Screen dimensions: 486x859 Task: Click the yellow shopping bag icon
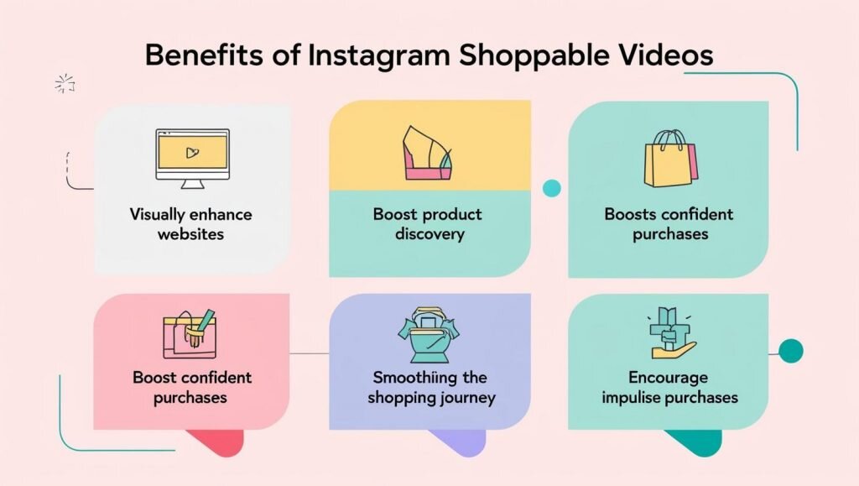[669, 159]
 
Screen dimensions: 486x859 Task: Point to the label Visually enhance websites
[191, 223]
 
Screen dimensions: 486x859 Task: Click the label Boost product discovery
[429, 223]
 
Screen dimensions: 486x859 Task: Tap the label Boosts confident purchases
[669, 223]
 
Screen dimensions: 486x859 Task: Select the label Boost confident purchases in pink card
[191, 387]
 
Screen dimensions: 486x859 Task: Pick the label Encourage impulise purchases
[669, 387]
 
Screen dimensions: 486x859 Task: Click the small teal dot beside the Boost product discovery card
[551, 188]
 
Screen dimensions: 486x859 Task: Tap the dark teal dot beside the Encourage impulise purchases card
[790, 350]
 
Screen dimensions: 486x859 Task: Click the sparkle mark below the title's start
[64, 83]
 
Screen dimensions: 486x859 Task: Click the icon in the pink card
[189, 334]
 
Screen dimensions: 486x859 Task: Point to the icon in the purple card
[429, 333]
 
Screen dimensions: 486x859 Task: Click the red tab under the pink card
[215, 442]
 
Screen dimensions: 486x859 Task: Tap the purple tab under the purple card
[456, 442]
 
